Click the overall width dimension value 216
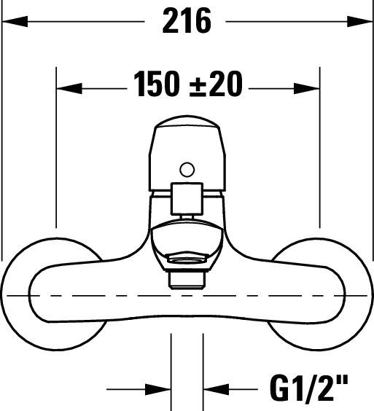[x=186, y=21]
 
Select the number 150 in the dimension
[x=156, y=86]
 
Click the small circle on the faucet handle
[x=187, y=171]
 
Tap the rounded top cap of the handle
[x=187, y=138]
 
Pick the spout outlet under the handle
[x=187, y=240]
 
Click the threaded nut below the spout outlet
[x=187, y=278]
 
